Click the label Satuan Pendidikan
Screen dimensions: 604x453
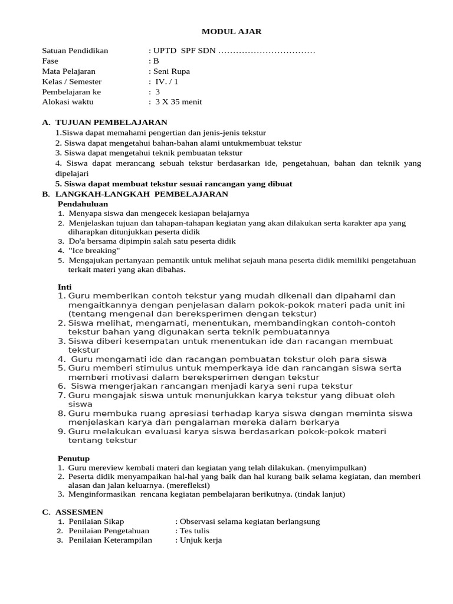coord(75,51)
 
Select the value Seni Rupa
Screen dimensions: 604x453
coord(172,71)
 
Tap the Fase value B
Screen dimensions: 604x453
coord(156,61)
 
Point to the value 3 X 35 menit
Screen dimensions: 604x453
coord(178,101)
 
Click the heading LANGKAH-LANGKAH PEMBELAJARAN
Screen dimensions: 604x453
coord(141,193)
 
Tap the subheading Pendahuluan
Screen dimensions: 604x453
coord(83,203)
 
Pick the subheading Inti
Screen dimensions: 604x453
coord(64,286)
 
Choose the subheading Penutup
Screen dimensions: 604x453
coord(73,458)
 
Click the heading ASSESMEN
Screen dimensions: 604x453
coord(79,511)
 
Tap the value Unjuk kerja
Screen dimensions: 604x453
coord(201,540)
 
